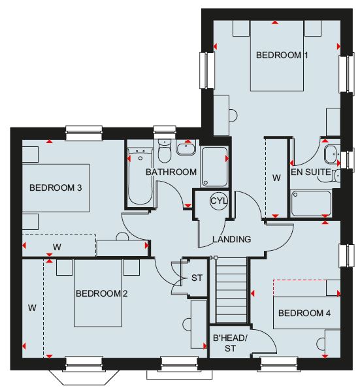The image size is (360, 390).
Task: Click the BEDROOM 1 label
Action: click(282, 55)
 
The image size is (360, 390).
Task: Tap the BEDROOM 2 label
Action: click(101, 293)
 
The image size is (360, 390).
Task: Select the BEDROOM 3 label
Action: click(56, 187)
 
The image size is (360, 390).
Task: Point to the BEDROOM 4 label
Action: click(304, 313)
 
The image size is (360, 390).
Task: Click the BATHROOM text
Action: click(171, 172)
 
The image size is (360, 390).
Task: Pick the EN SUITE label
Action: click(311, 172)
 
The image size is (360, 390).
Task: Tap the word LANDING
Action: click(232, 239)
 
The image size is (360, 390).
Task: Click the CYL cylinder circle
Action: click(219, 201)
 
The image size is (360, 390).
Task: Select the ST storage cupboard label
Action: click(197, 278)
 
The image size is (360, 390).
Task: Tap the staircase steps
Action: click(232, 290)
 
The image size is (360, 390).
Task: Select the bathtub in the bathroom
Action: click(140, 176)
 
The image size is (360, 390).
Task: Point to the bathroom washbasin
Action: click(186, 148)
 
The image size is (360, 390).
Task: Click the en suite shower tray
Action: click(311, 203)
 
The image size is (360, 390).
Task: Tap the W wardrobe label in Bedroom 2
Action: click(32, 308)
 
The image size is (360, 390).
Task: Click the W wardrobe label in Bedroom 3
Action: click(57, 247)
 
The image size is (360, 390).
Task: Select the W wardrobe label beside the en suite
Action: click(276, 178)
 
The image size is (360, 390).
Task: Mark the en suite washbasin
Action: click(331, 155)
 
